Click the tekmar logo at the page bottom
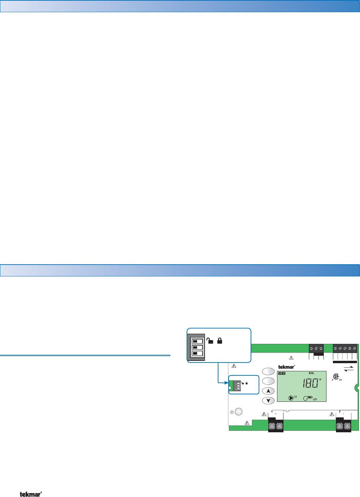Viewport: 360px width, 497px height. (31, 494)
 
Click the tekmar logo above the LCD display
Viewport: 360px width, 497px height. (287, 367)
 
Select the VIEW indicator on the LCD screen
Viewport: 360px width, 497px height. (281, 373)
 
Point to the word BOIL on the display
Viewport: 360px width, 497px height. (311, 373)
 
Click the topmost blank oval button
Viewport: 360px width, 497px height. (268, 371)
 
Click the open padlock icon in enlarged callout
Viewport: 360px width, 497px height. (210, 341)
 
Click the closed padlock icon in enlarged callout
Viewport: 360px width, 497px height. (219, 341)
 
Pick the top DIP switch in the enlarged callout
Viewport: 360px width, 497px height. (197, 341)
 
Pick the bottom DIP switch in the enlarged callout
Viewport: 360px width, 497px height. (197, 353)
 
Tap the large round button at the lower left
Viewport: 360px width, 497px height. (238, 412)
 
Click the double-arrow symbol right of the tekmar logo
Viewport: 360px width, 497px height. (348, 368)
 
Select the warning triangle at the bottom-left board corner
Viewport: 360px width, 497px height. (247, 423)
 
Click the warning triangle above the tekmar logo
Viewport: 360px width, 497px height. (291, 358)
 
